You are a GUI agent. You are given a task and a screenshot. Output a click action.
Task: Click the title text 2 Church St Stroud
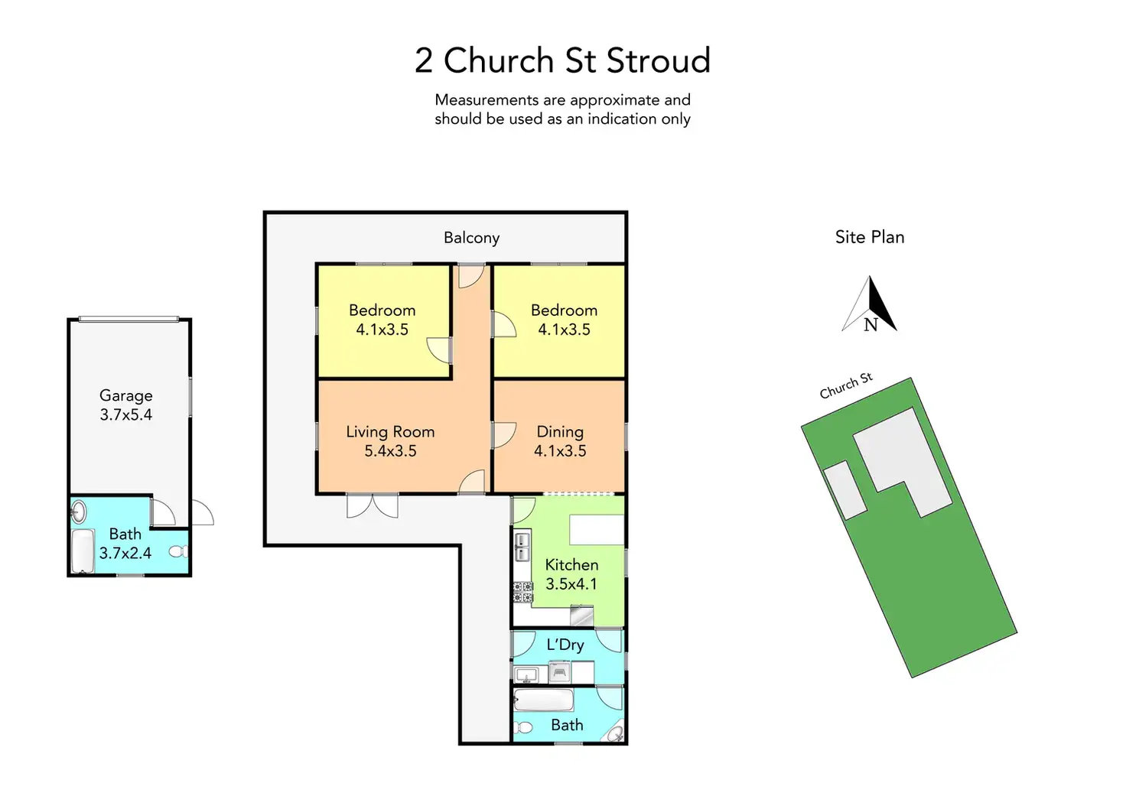[562, 61]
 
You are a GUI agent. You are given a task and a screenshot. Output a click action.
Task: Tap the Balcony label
[471, 238]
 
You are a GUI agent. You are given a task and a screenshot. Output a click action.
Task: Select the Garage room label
[126, 395]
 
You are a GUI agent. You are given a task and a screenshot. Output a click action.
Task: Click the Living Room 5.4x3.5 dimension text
[390, 451]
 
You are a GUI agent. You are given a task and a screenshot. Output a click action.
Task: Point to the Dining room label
[560, 432]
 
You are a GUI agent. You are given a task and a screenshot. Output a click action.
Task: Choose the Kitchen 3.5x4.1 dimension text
[571, 584]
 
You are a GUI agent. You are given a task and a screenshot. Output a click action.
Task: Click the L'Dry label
[565, 645]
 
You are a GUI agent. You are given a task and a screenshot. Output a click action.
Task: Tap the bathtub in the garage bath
[82, 551]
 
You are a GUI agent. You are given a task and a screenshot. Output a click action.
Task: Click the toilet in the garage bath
[177, 551]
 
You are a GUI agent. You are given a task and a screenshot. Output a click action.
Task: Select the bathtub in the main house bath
[544, 700]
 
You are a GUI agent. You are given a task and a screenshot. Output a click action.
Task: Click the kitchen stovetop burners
[522, 592]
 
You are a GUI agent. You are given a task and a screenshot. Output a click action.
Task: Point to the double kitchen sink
[522, 547]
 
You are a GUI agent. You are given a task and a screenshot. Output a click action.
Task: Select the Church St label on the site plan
[845, 386]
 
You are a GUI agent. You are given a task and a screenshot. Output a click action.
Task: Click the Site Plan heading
[870, 237]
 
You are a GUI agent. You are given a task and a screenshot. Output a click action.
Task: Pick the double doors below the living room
[373, 506]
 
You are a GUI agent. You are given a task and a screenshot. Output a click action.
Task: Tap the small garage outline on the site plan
[844, 490]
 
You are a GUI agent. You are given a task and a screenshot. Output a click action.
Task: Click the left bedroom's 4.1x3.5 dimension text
[382, 330]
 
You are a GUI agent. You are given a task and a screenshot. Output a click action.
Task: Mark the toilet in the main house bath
[524, 726]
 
